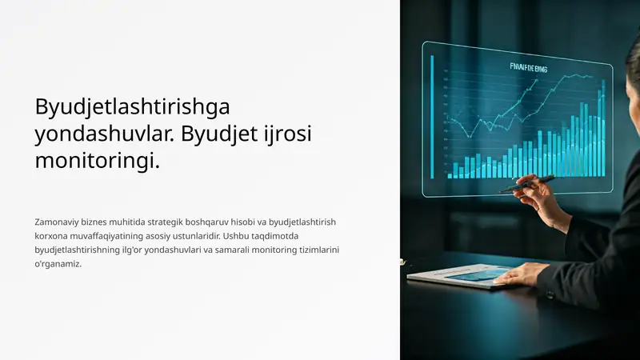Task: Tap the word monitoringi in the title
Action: click(x=97, y=161)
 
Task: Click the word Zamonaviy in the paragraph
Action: click(x=57, y=221)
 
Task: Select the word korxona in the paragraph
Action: click(x=51, y=235)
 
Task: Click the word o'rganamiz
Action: click(x=58, y=264)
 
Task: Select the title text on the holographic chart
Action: click(x=528, y=70)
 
